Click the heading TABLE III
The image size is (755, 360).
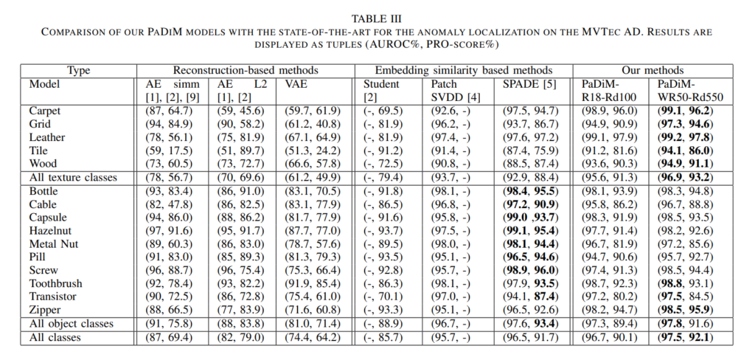tap(377, 16)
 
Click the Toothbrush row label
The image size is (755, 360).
tap(55, 283)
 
